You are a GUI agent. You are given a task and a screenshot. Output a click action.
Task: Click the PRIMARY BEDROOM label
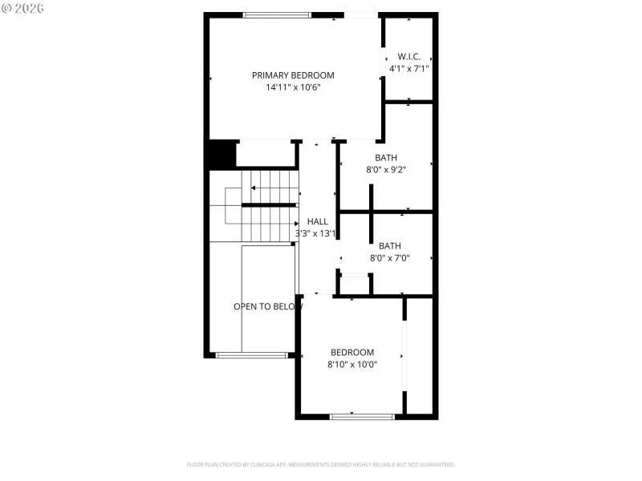point(293,75)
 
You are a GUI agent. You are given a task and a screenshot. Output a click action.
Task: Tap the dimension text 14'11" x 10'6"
point(293,87)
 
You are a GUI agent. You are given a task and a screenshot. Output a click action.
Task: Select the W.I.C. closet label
point(409,57)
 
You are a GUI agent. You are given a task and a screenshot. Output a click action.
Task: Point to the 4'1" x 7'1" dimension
point(409,69)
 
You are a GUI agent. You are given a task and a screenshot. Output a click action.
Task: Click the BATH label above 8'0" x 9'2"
point(386,158)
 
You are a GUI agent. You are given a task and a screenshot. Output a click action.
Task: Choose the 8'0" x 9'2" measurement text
point(386,170)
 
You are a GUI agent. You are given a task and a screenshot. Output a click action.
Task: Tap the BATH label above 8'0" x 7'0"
point(390,246)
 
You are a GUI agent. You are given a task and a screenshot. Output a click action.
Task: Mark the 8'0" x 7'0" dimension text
point(390,258)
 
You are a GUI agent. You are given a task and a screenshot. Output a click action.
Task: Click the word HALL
point(317,221)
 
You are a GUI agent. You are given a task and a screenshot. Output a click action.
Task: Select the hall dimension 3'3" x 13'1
point(315,233)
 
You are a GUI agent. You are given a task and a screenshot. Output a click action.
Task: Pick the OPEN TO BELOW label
point(268,306)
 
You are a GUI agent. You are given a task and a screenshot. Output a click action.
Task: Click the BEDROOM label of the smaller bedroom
point(352,352)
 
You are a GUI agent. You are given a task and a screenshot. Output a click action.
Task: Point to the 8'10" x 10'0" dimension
point(352,364)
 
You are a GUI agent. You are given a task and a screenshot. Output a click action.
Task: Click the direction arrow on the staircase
point(254,188)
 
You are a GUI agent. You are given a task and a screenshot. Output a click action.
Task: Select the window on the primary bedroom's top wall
point(277,14)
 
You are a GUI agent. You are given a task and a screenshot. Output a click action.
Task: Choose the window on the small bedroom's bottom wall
point(362,416)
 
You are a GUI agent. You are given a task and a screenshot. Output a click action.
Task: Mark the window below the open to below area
point(251,354)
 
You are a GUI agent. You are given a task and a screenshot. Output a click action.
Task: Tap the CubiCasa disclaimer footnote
point(320,464)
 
